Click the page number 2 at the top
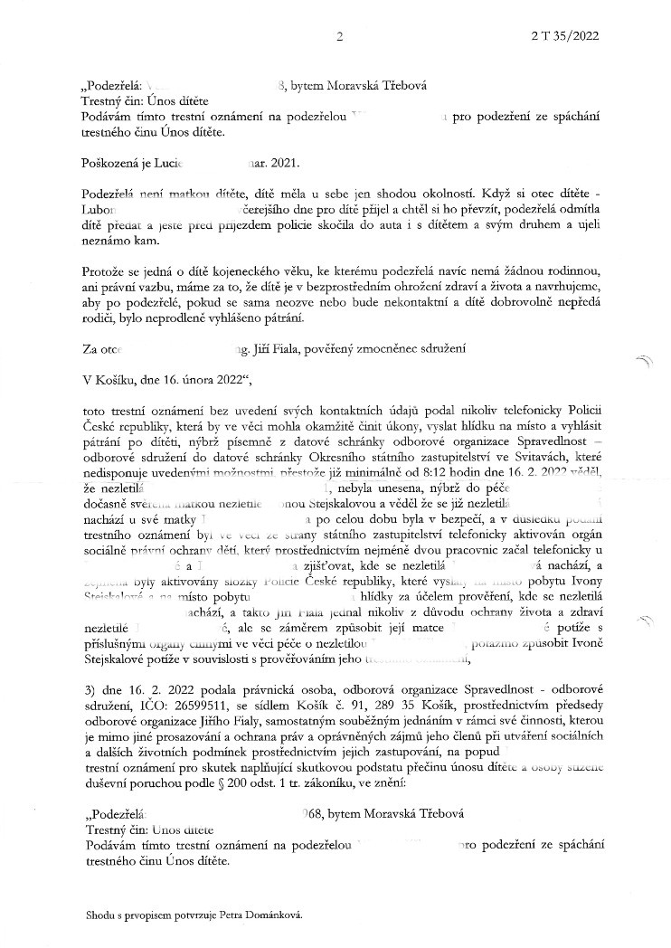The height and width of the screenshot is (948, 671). [x=339, y=38]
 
